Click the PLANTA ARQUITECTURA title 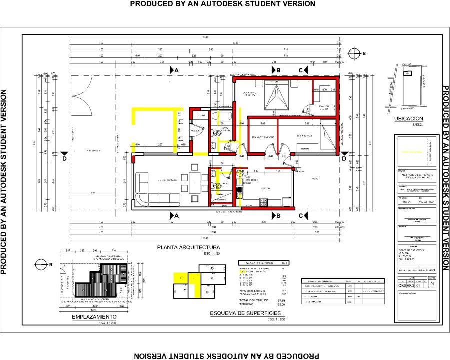[x=188, y=247]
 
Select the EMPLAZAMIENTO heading [x=94, y=317]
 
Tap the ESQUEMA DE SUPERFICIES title [x=245, y=313]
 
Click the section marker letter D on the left [x=64, y=158]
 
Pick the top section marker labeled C [x=301, y=70]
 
